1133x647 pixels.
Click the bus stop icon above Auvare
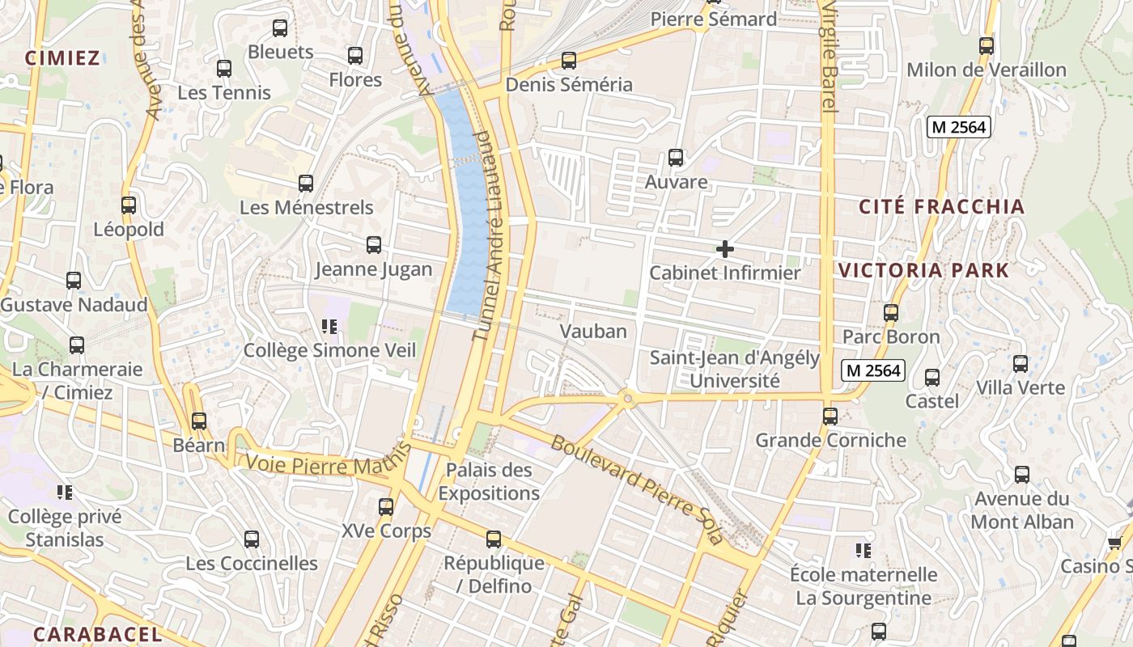click(675, 158)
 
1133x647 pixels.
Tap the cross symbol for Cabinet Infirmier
click(725, 249)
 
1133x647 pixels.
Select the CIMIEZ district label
click(62, 57)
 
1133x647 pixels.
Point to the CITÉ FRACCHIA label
click(941, 206)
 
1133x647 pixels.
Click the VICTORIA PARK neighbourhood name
click(923, 270)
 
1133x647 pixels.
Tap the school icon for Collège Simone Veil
click(329, 327)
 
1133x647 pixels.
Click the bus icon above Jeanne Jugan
click(373, 245)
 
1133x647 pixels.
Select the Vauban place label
click(593, 331)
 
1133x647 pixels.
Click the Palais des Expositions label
click(489, 481)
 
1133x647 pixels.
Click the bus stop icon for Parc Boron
click(891, 312)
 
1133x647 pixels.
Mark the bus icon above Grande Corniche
click(830, 417)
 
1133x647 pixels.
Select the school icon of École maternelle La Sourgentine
click(864, 551)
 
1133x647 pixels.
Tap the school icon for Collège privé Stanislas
click(65, 492)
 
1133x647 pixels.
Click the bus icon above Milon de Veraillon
click(986, 46)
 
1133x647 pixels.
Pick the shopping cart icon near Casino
click(1115, 543)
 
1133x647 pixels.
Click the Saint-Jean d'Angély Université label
click(735, 369)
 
